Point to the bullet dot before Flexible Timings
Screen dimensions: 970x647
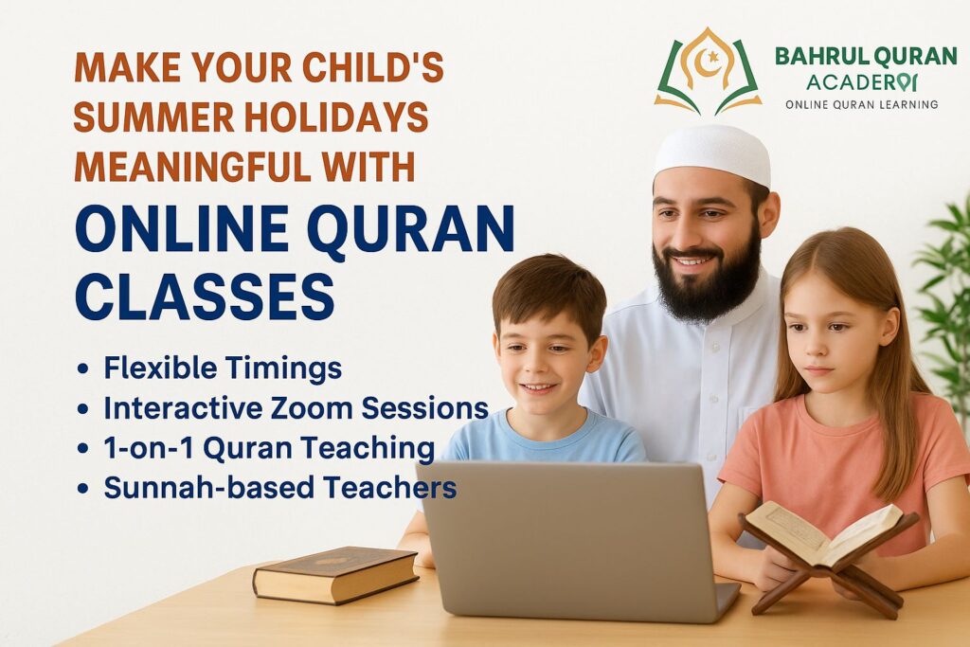82,369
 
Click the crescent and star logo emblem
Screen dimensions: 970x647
708,70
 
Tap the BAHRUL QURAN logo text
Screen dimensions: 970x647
866,56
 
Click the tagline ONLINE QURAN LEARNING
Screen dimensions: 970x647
862,104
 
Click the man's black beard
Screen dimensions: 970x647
705,284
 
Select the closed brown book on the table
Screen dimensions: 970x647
335,575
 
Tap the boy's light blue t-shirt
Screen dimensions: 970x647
545,440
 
